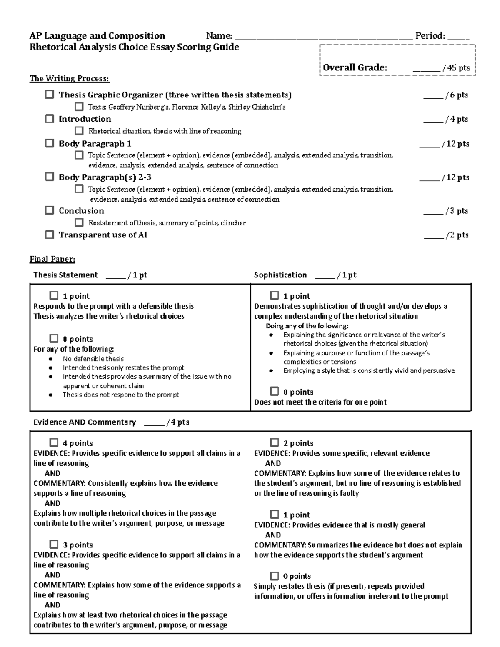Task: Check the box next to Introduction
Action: (x=50, y=119)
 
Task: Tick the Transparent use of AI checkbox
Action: (x=50, y=235)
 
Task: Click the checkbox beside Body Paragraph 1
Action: (x=50, y=143)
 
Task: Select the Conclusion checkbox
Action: (x=50, y=210)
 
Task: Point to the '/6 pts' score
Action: (x=456, y=95)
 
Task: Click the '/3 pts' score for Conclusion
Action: (x=456, y=211)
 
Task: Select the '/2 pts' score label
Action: (x=456, y=235)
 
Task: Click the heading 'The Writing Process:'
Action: (x=69, y=78)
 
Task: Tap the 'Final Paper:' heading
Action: (x=52, y=259)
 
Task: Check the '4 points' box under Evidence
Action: (x=54, y=442)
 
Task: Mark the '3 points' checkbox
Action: (x=54, y=544)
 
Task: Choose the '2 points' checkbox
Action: (x=274, y=442)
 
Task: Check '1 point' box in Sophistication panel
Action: (x=274, y=295)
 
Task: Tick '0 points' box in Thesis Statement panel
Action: (x=54, y=338)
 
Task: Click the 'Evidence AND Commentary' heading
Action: (x=85, y=422)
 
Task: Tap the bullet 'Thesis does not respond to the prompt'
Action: (x=120, y=395)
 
